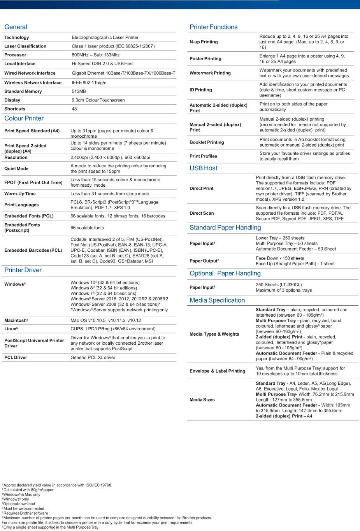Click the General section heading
click(16, 27)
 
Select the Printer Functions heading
click(213, 27)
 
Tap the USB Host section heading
click(203, 168)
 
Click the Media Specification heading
click(217, 300)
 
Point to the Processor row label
click(15, 55)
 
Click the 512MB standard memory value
click(79, 91)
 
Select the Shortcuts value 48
click(74, 109)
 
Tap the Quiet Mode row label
click(16, 169)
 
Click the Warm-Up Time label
click(20, 194)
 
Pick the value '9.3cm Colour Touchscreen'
click(98, 100)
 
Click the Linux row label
click(11, 329)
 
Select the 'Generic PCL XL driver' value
click(93, 358)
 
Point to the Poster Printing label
click(205, 59)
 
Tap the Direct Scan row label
click(202, 213)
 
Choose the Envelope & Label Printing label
click(217, 371)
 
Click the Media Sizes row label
click(202, 400)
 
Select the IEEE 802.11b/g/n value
click(89, 83)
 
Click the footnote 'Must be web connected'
click(24, 508)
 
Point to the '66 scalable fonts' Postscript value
click(87, 228)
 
